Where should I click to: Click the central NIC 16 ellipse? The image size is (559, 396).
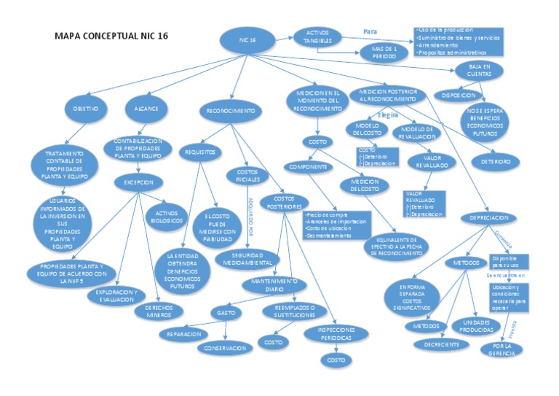247,41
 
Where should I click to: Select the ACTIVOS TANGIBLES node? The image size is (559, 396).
318,37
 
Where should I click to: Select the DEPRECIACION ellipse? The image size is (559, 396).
483,217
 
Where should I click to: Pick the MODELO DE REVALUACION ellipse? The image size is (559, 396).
417,132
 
